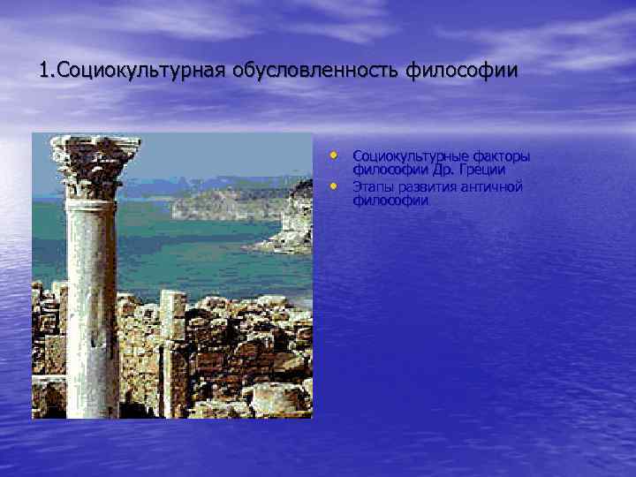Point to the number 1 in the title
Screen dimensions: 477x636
point(44,69)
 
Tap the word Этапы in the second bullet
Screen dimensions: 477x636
point(372,187)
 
